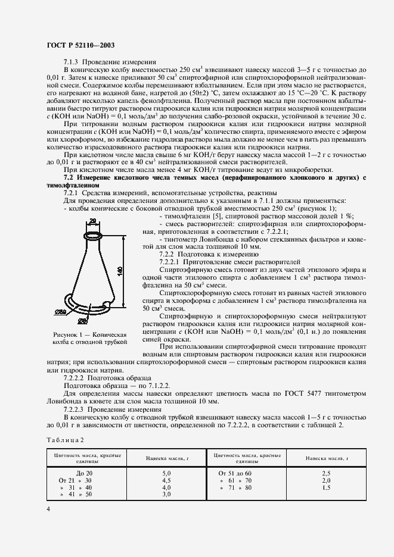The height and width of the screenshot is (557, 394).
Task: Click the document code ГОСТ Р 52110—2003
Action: point(80,45)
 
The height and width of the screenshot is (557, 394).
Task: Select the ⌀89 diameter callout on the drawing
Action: point(76,312)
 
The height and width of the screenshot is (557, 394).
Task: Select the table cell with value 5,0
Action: point(150,472)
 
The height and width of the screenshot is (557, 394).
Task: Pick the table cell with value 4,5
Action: point(150,480)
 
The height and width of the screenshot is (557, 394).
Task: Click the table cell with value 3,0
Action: point(150,494)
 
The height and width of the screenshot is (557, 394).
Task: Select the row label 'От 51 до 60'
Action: point(235,472)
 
